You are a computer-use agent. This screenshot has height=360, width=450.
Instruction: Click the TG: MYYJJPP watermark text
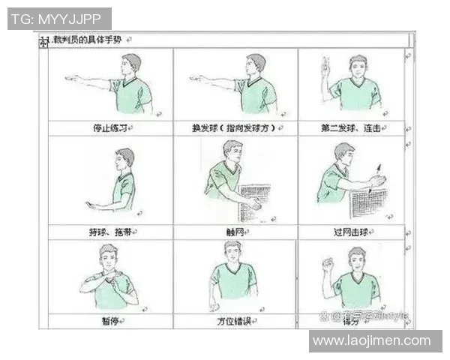(x=59, y=18)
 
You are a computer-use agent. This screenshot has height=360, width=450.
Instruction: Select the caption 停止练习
(x=109, y=128)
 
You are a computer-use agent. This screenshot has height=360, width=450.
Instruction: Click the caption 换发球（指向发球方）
(x=235, y=128)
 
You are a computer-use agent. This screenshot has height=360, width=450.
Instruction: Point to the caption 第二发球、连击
(x=351, y=128)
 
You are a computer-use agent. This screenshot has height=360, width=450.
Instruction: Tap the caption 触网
(x=235, y=232)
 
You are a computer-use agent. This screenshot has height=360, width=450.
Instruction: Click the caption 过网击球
(x=351, y=232)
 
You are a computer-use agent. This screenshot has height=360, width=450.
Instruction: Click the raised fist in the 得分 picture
(x=327, y=264)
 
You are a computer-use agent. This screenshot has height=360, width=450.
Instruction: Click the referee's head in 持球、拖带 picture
(x=125, y=158)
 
